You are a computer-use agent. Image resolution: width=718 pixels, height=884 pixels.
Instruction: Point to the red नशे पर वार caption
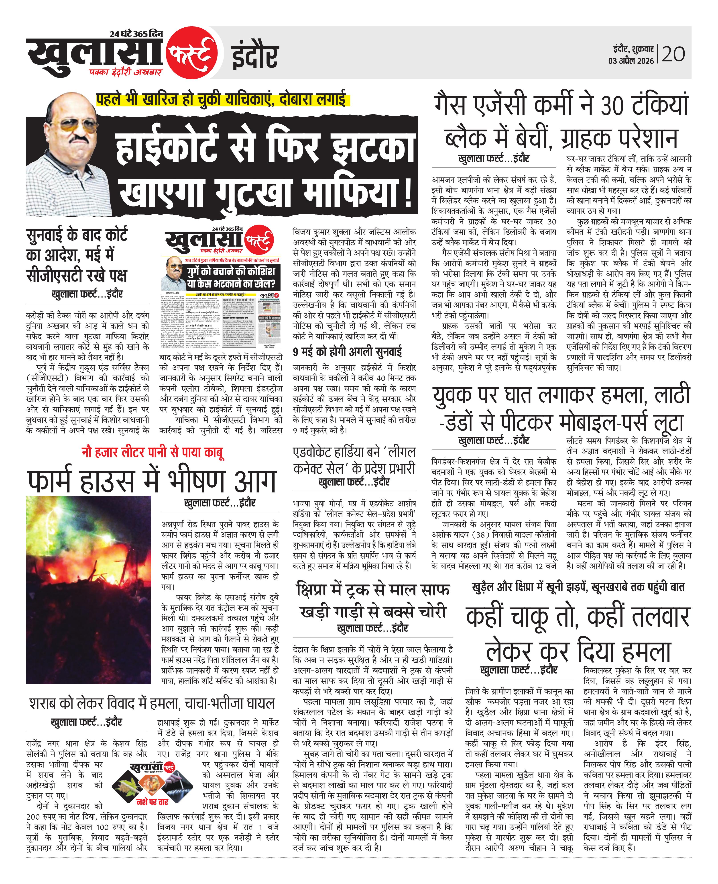[x=152, y=802]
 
